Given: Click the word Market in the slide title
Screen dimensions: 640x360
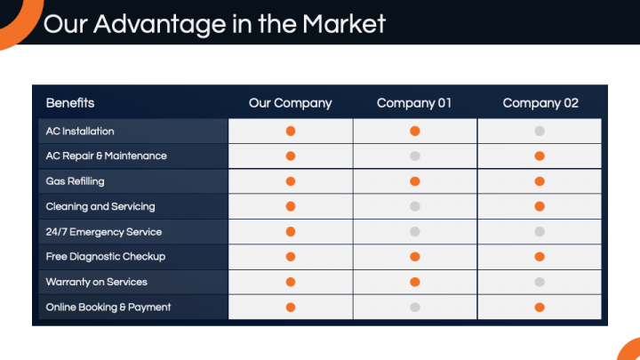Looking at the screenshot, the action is pyautogui.click(x=344, y=24).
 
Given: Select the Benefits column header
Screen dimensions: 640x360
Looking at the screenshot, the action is pyautogui.click(x=70, y=103).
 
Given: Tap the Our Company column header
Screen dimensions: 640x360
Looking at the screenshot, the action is pyautogui.click(x=290, y=103).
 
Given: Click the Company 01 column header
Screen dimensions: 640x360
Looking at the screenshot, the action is pyautogui.click(x=414, y=103).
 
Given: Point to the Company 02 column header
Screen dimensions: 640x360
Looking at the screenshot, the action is pyautogui.click(x=540, y=103).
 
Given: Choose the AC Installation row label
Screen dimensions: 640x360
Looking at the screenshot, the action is pyautogui.click(x=80, y=131).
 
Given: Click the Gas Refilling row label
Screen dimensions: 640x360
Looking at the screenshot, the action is pyautogui.click(x=75, y=181).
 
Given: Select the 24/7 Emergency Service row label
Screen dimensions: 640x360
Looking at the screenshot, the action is pyautogui.click(x=104, y=232).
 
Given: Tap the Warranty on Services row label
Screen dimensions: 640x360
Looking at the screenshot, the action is pyautogui.click(x=96, y=282).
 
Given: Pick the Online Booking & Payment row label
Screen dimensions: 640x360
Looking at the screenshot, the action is pyautogui.click(x=108, y=307).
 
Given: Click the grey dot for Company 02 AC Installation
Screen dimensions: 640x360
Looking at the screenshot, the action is pyautogui.click(x=540, y=131).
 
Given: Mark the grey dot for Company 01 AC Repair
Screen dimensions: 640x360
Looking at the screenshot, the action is pyautogui.click(x=415, y=156).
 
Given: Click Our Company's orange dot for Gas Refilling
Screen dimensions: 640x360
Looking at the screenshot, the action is pyautogui.click(x=291, y=181).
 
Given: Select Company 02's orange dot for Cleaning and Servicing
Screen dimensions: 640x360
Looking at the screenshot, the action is pyautogui.click(x=540, y=206).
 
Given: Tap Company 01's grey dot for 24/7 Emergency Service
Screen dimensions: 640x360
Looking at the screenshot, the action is pyautogui.click(x=415, y=232).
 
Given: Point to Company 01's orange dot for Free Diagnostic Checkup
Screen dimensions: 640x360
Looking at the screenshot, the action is pyautogui.click(x=415, y=257).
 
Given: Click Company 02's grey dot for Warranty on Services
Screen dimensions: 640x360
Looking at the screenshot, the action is pyautogui.click(x=540, y=282).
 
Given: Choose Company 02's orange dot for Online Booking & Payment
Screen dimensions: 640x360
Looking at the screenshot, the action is pyautogui.click(x=540, y=308).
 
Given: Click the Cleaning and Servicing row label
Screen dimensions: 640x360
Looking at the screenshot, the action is pyautogui.click(x=100, y=206).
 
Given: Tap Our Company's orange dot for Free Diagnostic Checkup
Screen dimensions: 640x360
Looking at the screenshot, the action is pyautogui.click(x=291, y=257).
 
